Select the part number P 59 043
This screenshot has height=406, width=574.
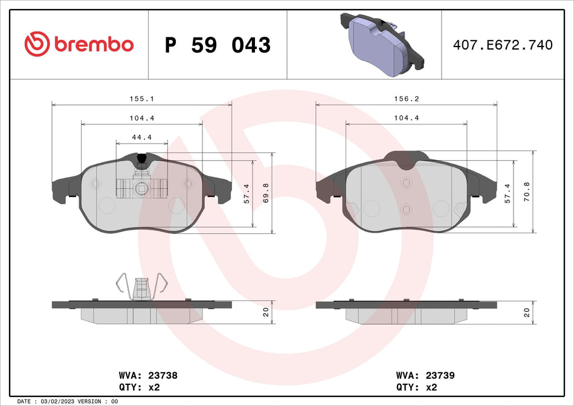[x=218, y=45]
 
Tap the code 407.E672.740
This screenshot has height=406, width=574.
[x=503, y=45]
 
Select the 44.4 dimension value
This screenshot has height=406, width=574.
[x=141, y=137]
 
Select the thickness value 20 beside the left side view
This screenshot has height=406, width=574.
[x=266, y=312]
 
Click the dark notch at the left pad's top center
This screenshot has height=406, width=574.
[x=141, y=159]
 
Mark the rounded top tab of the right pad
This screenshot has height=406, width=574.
[x=405, y=158]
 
